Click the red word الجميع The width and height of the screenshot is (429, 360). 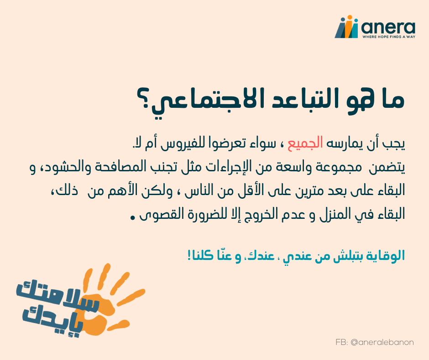305,143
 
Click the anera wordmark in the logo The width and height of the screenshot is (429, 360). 388,27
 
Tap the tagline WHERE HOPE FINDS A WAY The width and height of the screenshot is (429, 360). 389,37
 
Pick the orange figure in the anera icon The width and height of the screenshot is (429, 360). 349,26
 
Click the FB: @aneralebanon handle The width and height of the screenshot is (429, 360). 375,342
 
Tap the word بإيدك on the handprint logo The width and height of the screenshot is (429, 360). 52,320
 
